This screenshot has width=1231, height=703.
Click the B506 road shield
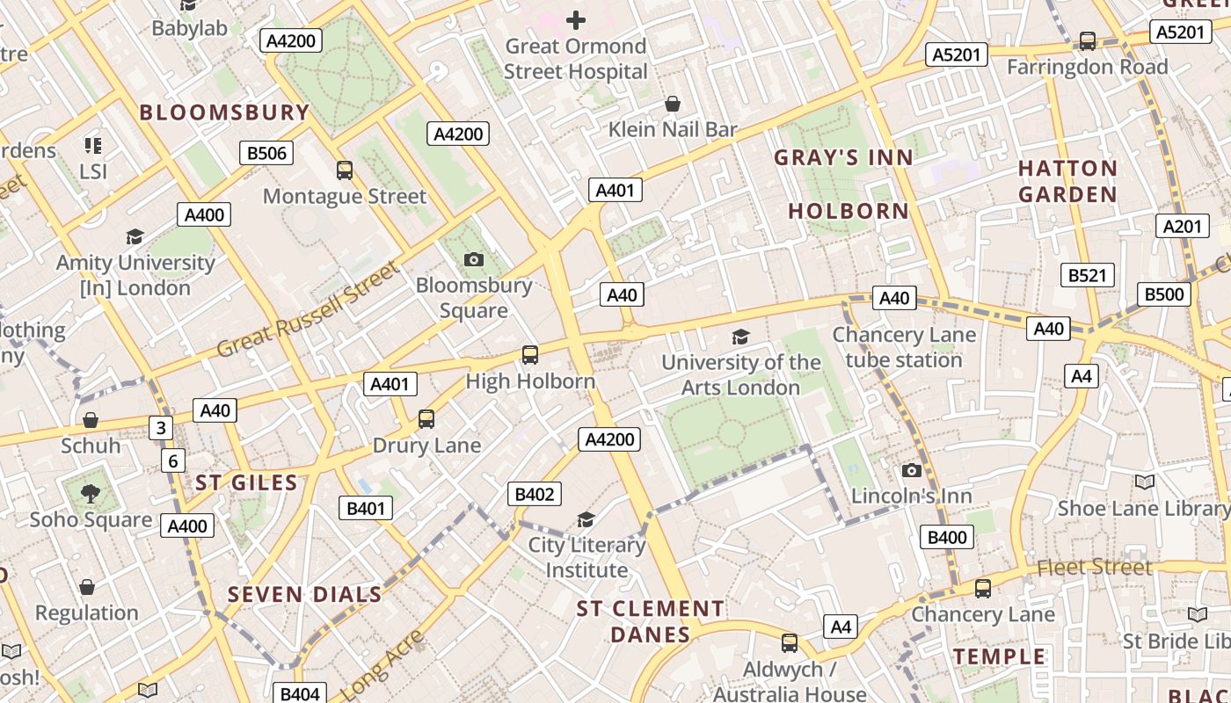click(266, 154)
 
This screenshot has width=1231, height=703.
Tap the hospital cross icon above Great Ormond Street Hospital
click(576, 20)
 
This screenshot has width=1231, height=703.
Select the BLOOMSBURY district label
click(224, 112)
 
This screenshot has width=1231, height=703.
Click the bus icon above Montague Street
click(345, 170)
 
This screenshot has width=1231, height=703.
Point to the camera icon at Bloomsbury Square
click(474, 259)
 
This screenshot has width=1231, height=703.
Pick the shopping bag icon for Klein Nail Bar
click(673, 105)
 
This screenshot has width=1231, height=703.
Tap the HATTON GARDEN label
click(1067, 181)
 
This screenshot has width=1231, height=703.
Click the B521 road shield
click(1087, 275)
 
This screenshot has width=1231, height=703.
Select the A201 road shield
click(1182, 226)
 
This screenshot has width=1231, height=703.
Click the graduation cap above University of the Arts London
click(740, 337)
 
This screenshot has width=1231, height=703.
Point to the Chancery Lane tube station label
click(904, 347)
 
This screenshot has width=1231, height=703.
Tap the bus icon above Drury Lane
click(426, 419)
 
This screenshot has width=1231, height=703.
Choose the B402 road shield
click(534, 494)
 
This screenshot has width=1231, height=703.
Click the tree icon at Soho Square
click(91, 494)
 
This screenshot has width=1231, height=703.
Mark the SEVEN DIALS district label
click(305, 595)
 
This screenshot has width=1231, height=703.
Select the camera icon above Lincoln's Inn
click(912, 471)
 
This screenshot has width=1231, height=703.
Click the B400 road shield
click(947, 537)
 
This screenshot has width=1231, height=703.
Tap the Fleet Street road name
click(1094, 568)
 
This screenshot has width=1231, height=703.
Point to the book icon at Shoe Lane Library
click(1144, 482)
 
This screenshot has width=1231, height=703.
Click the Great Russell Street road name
click(308, 309)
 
